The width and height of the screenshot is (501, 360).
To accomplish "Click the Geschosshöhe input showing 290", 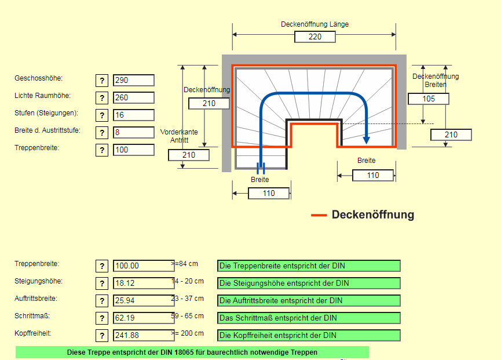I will (x=134, y=81).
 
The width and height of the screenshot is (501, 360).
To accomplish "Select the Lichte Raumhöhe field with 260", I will (x=134, y=98).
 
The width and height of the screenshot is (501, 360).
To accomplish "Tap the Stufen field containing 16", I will (x=134, y=115).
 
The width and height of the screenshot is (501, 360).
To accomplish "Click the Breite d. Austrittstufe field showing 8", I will (x=134, y=133).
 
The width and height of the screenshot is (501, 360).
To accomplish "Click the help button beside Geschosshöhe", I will (x=102, y=81).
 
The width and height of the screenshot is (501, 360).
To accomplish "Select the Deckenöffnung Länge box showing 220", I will (x=315, y=37).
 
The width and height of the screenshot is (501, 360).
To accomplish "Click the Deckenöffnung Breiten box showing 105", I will (x=429, y=99).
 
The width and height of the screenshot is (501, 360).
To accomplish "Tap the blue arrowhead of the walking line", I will (x=366, y=139).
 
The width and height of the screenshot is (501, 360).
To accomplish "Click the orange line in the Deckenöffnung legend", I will (x=319, y=215).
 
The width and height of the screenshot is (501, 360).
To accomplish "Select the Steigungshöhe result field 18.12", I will (x=144, y=283).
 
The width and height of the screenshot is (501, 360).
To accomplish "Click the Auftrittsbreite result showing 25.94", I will (x=144, y=301).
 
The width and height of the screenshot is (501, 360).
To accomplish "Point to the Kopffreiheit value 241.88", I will (x=144, y=335).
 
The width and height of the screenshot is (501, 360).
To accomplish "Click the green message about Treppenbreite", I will (x=309, y=266).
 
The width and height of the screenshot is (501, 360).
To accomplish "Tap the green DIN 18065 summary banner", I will (x=192, y=352).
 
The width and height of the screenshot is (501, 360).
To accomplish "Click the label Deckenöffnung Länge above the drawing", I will (x=315, y=24).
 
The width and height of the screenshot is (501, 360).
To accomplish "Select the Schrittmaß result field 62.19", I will (x=144, y=318).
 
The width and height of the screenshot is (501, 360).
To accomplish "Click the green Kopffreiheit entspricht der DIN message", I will (x=309, y=335).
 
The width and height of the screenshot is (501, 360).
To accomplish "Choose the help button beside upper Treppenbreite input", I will (x=102, y=150).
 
